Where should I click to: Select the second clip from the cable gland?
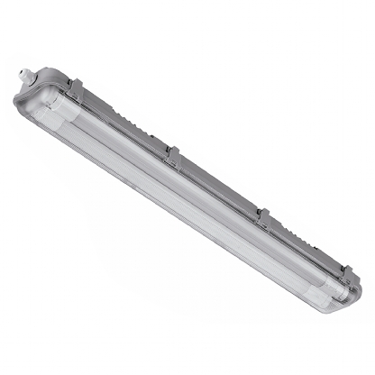pyautogui.click(x=170, y=154)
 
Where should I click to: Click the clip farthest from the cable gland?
pyautogui.click(x=348, y=270)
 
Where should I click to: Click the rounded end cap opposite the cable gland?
pyautogui.click(x=347, y=298)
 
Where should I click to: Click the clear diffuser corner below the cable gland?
pyautogui.click(x=27, y=104)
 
